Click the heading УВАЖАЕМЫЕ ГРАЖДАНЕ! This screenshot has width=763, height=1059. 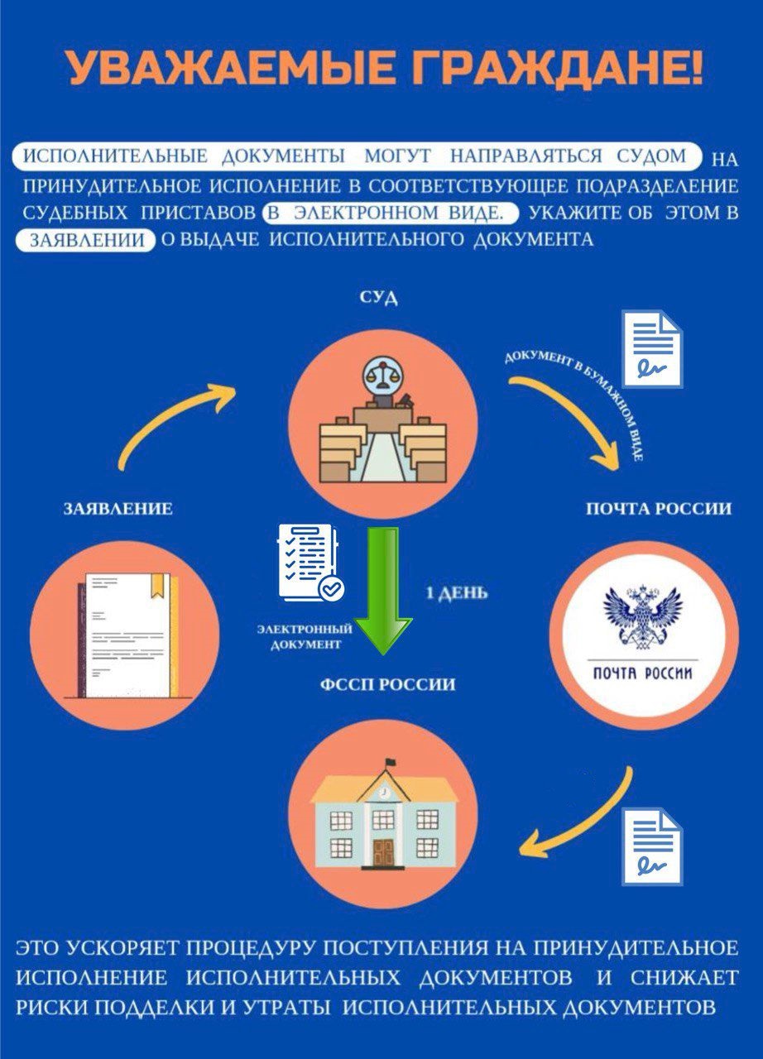click(x=386, y=69)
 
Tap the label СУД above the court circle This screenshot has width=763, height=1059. click(x=379, y=299)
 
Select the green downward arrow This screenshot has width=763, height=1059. click(x=382, y=590)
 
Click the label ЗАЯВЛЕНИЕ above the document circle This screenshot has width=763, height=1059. click(x=118, y=509)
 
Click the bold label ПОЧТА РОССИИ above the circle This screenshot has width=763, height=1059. click(x=659, y=509)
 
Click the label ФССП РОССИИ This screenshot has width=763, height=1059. click(x=386, y=685)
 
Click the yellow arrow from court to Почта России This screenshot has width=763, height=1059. click(x=571, y=414)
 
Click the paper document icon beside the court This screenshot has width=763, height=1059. click(x=652, y=347)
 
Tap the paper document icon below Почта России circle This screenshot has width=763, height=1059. click(x=652, y=848)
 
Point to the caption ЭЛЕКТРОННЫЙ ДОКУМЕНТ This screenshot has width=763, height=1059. click(x=305, y=636)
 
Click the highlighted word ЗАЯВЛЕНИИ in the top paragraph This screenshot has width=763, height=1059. click(x=85, y=241)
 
